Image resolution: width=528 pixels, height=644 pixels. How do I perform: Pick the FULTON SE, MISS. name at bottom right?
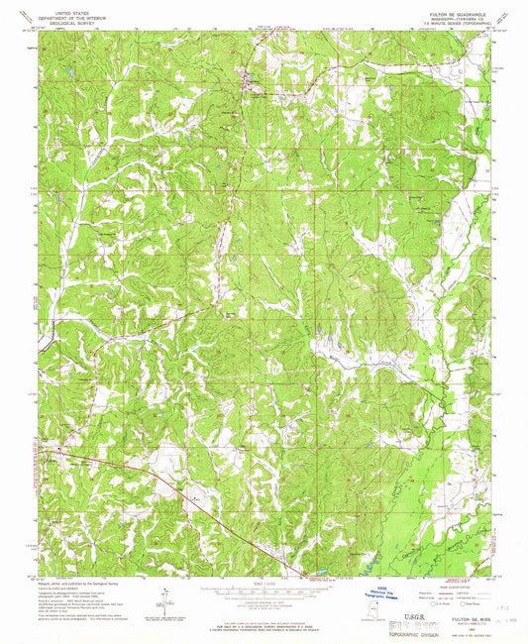458,613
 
